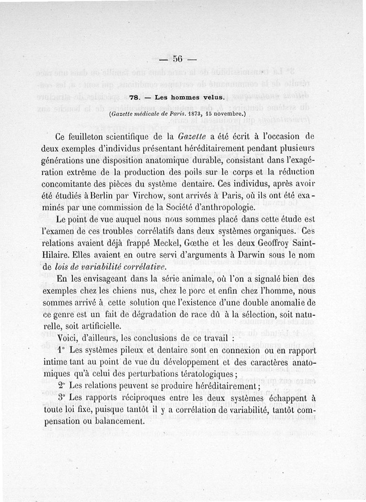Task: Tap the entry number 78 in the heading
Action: click(x=135, y=97)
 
